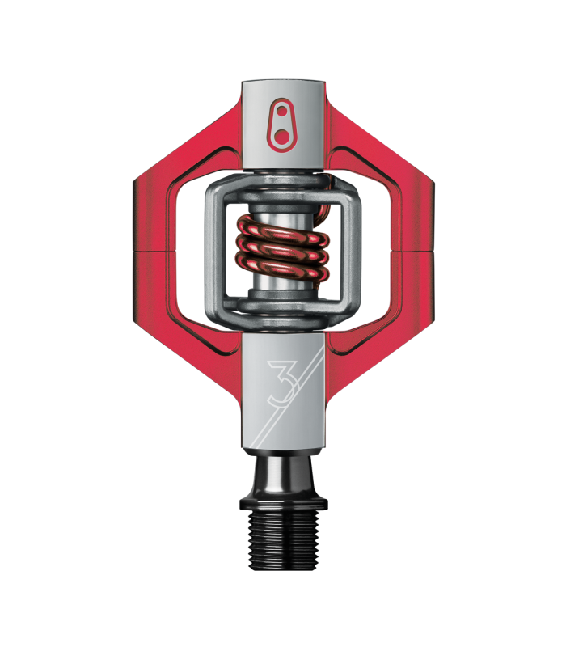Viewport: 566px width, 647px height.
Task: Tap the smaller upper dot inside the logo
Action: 281,112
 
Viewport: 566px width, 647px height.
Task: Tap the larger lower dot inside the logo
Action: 281,136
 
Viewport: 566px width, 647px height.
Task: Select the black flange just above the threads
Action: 284,503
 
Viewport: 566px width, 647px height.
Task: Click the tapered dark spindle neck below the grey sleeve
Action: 284,475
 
